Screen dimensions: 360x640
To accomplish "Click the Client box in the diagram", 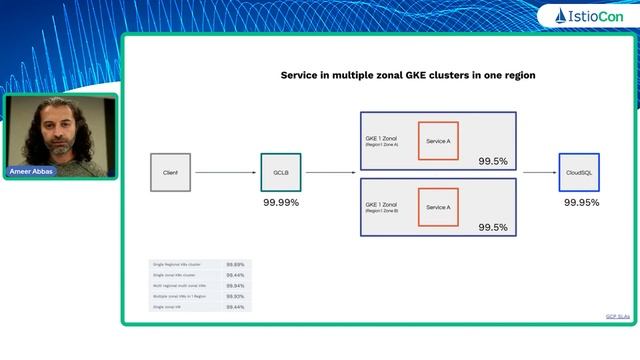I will point(170,172).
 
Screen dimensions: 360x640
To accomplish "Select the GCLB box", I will point(281,172).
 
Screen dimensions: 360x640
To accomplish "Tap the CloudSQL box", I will point(579,172).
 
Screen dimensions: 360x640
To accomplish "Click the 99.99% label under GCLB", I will point(281,203).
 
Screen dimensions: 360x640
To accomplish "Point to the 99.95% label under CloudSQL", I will point(581,203).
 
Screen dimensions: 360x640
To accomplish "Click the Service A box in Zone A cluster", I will point(438,141).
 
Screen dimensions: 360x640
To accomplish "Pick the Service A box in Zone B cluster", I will point(438,207).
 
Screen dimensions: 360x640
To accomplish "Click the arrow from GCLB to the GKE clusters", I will point(329,172).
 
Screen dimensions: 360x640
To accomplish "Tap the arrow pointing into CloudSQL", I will point(538,172).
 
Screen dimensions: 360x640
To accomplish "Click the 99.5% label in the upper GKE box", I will point(492,160).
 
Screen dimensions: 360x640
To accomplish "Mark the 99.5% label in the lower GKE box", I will point(492,227).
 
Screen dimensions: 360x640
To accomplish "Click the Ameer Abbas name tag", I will point(33,172).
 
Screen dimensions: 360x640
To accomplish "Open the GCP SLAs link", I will point(618,316).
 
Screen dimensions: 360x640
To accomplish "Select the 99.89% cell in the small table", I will point(236,264).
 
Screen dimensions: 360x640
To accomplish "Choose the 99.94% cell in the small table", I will point(236,285).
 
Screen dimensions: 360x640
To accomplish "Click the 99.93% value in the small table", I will point(236,296).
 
